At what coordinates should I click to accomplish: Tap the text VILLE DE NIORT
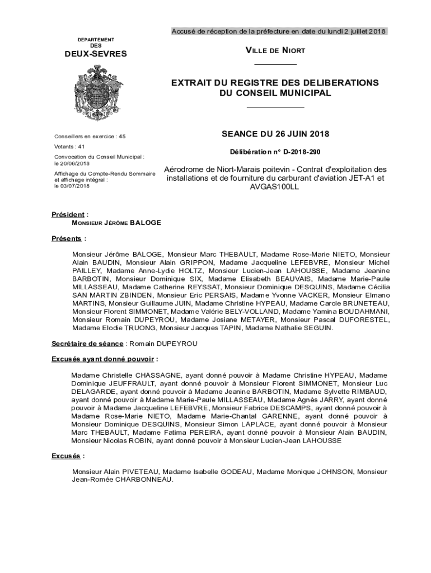pos(275,51)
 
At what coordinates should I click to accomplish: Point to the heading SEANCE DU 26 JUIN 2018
pos(275,134)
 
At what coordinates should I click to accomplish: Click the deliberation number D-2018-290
pos(302,152)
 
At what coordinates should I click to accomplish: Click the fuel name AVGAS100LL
pos(275,187)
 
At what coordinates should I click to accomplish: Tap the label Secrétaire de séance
pos(88,344)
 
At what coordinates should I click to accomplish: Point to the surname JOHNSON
pos(330,472)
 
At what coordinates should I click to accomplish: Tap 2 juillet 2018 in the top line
pos(356,31)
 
